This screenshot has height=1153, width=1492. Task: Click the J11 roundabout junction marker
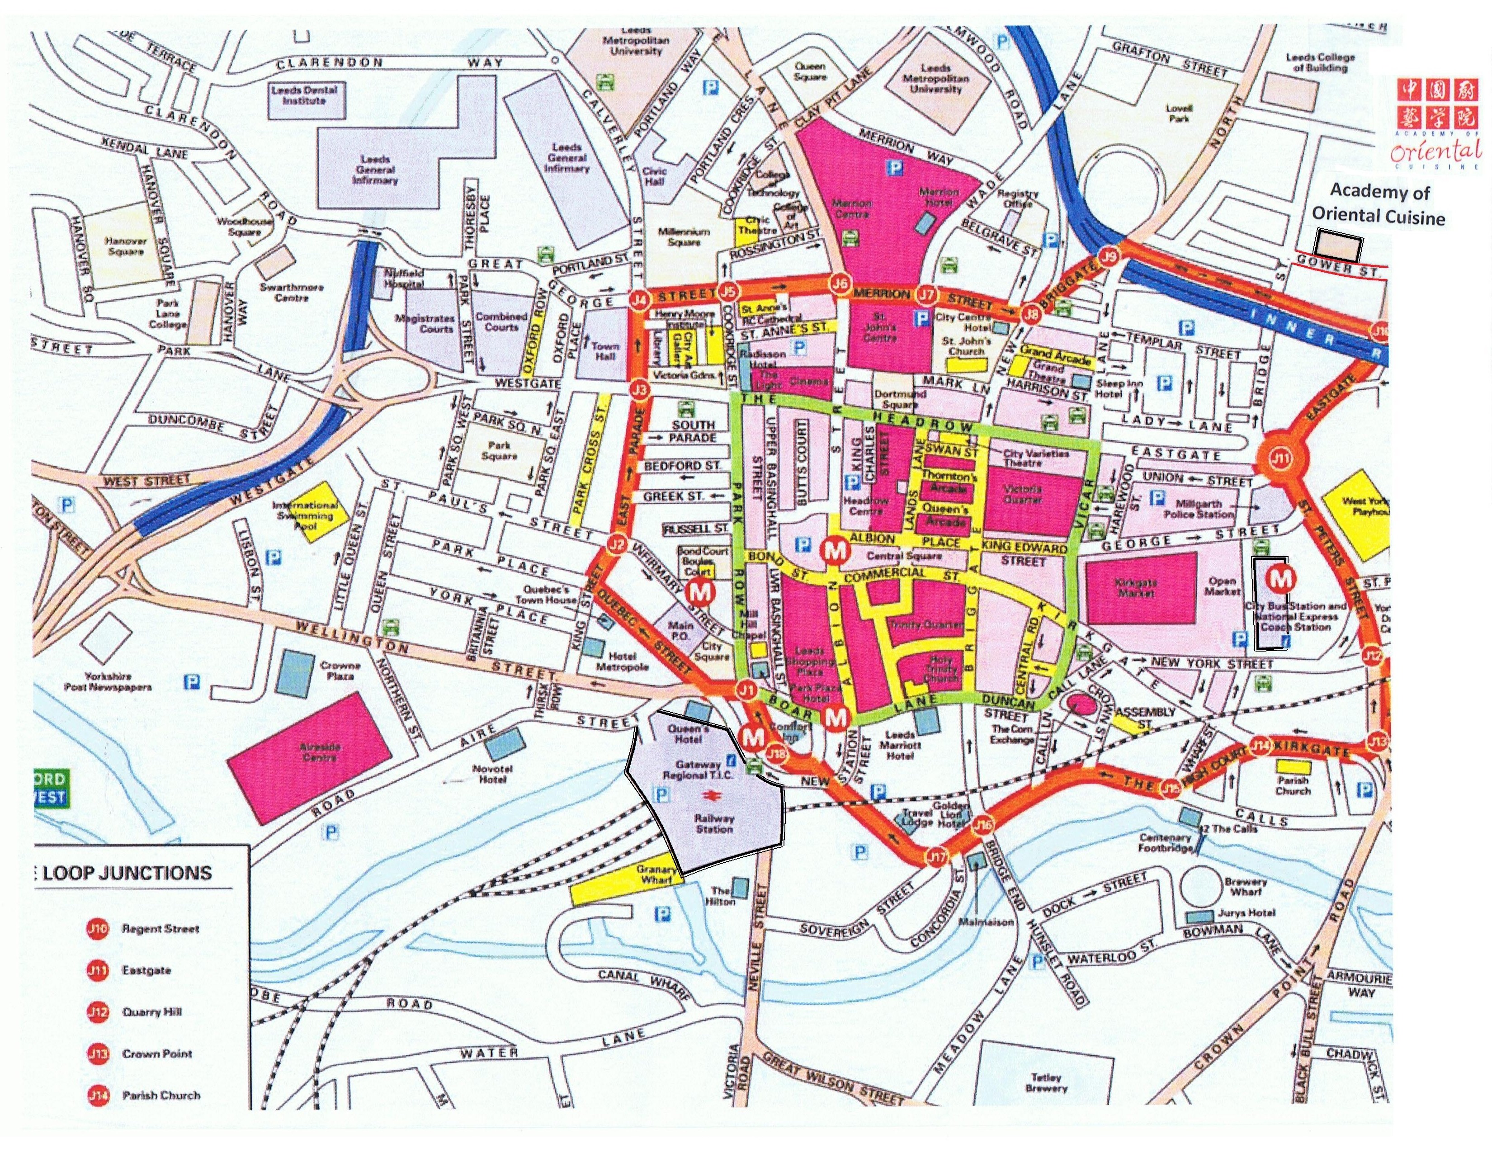pos(1281,458)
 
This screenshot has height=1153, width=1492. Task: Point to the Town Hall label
pos(604,350)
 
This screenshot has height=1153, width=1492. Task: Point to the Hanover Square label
pos(126,246)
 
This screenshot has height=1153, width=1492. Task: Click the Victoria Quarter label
pos(1023,494)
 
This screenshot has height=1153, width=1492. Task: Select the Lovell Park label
pos(1179,113)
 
